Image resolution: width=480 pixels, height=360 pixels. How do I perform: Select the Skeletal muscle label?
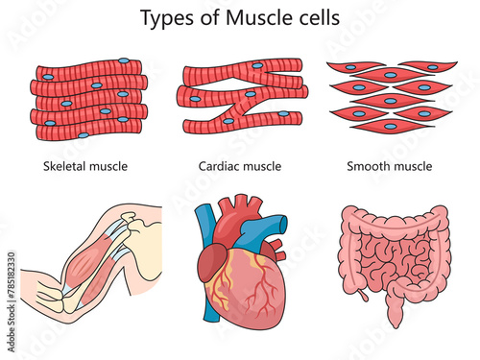pos(85,166)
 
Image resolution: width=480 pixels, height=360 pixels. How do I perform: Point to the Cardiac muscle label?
pos(241,166)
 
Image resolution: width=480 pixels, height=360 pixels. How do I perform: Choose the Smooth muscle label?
pos(389,166)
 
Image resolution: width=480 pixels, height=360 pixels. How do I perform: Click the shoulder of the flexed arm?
pos(144,230)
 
